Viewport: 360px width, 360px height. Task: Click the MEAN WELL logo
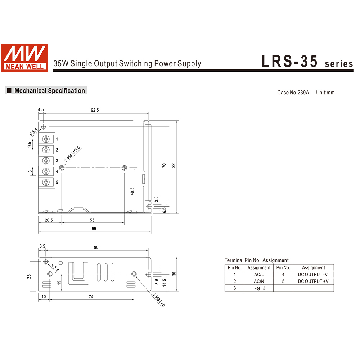click(x=25, y=58)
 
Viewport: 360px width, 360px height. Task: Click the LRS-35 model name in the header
click(x=290, y=61)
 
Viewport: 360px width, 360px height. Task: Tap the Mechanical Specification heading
click(x=50, y=90)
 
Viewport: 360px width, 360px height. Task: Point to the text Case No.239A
click(x=293, y=93)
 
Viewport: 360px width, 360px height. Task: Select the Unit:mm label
click(x=325, y=93)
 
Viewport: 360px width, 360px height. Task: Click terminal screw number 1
click(x=46, y=139)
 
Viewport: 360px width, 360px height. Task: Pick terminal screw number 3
click(x=46, y=161)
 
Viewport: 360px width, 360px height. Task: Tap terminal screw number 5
click(x=46, y=182)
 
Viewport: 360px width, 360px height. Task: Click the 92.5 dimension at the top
click(x=95, y=110)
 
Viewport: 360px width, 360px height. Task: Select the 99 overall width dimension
click(x=94, y=229)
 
